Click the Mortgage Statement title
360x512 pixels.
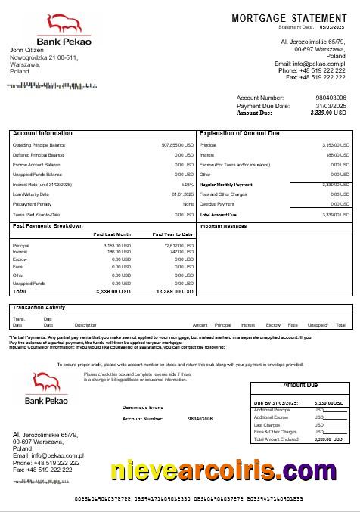[289, 17]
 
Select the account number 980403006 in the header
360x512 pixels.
[331, 98]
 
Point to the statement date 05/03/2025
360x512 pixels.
[331, 26]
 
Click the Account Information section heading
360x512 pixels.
[43, 133]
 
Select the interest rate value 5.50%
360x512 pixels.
[188, 185]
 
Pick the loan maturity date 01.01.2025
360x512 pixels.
[184, 194]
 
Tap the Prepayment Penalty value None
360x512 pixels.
[188, 204]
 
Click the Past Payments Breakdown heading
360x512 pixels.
[48, 225]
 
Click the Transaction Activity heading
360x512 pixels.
[39, 308]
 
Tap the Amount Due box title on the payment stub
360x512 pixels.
[300, 386]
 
